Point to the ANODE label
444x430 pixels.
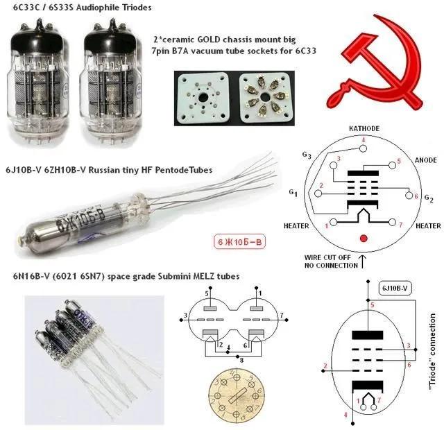click(424, 159)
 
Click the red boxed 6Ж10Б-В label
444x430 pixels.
click(239, 242)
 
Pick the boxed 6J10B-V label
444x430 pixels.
click(397, 287)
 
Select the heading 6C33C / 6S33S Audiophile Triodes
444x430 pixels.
click(78, 8)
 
